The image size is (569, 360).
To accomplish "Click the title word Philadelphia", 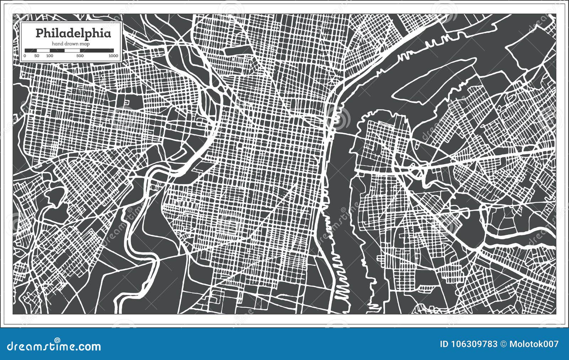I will pos(73,33).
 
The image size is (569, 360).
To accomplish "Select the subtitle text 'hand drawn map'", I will pos(71,44).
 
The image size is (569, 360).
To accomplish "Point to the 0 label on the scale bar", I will pos(25,56).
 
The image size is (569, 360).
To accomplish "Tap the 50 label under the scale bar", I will pos(37,56).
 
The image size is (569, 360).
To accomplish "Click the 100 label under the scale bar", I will pos(49,56).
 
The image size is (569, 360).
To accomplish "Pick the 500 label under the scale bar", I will pos(80,56).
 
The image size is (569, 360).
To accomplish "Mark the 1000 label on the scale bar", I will pos(113,56).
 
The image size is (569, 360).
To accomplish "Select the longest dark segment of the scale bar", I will pos(97,50).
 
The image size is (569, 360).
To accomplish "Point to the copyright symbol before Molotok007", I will pos(504,344).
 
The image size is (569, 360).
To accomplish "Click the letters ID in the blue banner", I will pos(444,344).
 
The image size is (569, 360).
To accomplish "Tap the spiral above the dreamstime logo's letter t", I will pos(57,340).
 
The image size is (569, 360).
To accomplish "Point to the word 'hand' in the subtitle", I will pos(57,44).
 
